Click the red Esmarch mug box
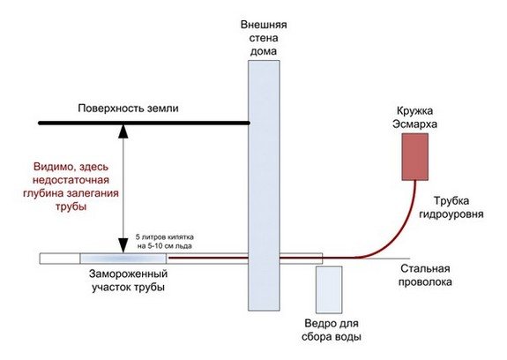pos(411,157)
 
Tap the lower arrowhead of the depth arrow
pos(124,247)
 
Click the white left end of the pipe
pos(59,259)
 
